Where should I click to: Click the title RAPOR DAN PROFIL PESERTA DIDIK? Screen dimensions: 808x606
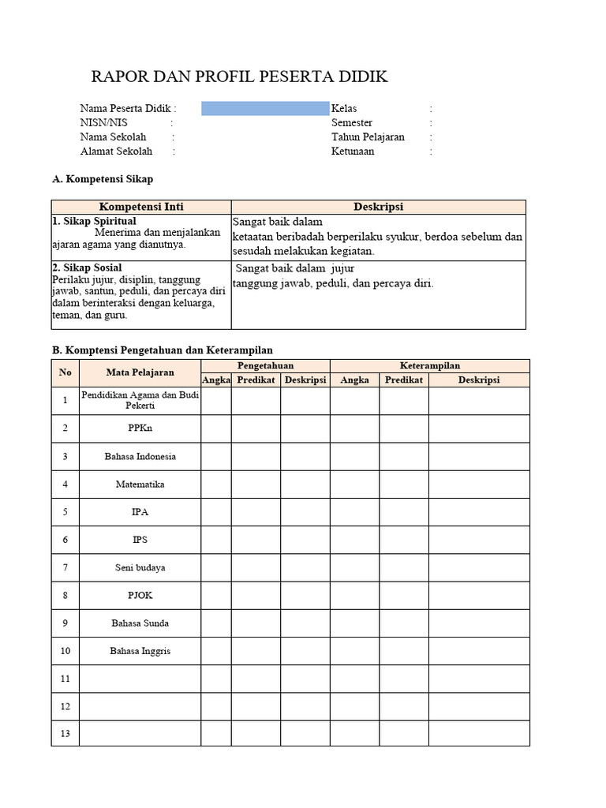coord(239,77)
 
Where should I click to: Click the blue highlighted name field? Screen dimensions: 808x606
coord(264,109)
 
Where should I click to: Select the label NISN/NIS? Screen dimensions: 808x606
coord(103,123)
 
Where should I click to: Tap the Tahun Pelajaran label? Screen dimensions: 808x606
coord(368,137)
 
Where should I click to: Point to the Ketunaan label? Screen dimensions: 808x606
coord(353,151)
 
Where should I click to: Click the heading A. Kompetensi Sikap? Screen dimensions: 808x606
coord(103,180)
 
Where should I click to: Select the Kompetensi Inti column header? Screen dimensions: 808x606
coord(141,207)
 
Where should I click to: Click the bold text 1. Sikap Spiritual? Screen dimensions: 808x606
coord(94,222)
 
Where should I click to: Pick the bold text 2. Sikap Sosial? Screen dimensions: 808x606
coord(88,268)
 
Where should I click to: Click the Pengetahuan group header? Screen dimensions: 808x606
coord(265,366)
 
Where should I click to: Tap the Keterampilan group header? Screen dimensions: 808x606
coord(429,366)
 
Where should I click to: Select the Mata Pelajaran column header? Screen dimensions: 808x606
coord(140,372)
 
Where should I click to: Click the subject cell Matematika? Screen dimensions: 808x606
coord(140,484)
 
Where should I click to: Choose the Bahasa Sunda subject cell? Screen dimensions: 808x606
coord(140,623)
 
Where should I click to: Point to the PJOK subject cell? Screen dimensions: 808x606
coord(140,596)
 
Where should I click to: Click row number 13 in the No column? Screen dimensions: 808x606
coord(65,734)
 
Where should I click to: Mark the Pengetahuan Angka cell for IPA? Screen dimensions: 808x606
coord(215,512)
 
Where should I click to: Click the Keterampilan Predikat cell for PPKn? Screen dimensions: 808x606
coord(403,428)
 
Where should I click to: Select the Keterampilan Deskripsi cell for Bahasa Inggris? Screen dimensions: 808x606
coord(479,651)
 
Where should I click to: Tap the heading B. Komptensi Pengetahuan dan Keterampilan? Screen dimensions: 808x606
coord(163,350)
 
